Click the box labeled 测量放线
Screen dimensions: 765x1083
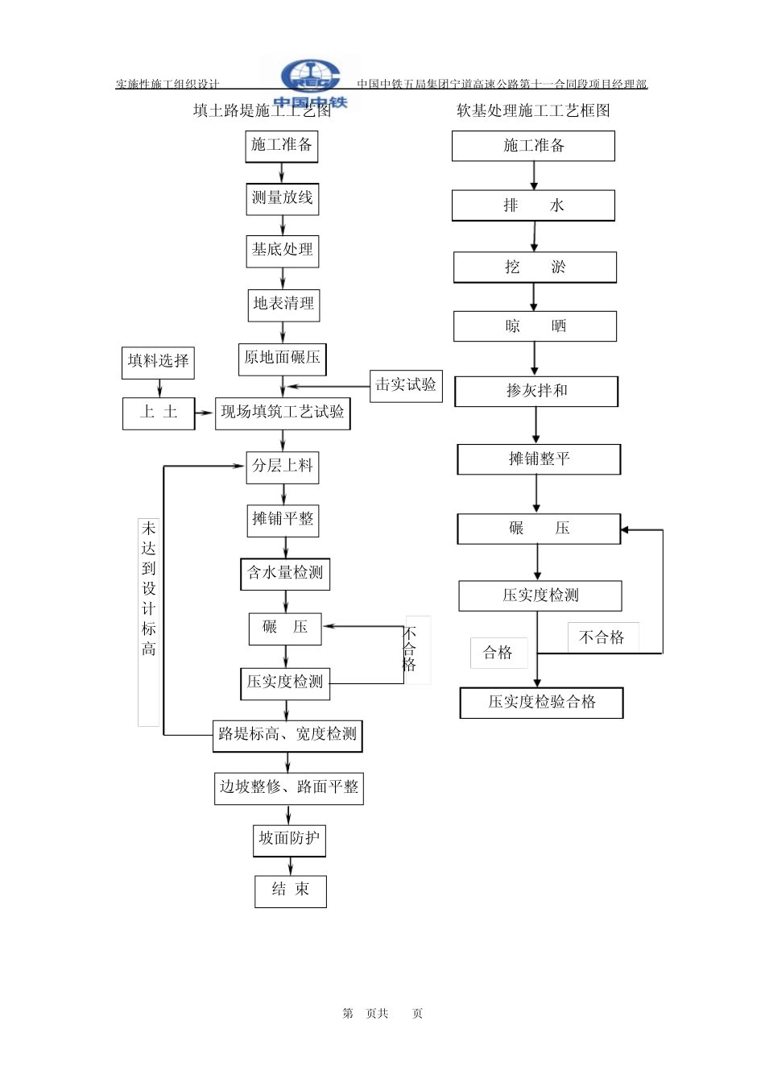point(282,199)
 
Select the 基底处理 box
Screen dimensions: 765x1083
point(282,251)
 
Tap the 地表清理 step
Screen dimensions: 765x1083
point(283,305)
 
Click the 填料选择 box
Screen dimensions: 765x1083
point(158,363)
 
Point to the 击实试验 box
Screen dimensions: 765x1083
point(406,386)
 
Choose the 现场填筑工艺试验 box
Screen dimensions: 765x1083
point(283,413)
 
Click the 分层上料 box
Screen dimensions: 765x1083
point(282,467)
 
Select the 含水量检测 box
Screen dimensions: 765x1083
point(285,574)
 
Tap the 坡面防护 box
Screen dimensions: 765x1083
point(289,840)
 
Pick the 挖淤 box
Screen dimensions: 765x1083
point(535,267)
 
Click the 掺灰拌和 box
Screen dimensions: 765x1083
point(536,391)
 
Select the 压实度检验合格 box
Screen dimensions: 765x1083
point(541,703)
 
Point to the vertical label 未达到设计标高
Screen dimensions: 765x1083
point(148,589)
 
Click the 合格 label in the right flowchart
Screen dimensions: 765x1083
point(498,653)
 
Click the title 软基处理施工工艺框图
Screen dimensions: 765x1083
point(533,110)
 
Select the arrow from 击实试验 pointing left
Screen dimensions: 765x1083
point(328,386)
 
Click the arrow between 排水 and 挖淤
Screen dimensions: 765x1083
point(534,236)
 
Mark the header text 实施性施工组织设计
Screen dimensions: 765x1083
point(167,84)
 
